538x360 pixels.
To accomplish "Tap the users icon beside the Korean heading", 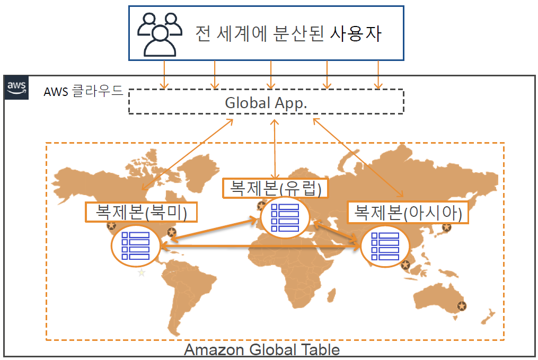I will (158, 34).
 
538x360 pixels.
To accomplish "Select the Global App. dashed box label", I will (266, 102).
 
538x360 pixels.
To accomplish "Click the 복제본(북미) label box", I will (142, 212).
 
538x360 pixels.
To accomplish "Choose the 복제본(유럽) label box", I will (276, 188).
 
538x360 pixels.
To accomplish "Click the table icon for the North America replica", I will (136, 245).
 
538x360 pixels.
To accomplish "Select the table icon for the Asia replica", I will (385, 245).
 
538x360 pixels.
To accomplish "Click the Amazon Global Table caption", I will (262, 350).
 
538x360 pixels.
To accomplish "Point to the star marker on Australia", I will (462, 306).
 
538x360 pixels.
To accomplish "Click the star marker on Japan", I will (447, 227).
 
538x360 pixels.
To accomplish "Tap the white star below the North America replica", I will (142, 273).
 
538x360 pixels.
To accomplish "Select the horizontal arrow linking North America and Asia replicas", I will (260, 245).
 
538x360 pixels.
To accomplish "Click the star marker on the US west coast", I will (111, 226).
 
